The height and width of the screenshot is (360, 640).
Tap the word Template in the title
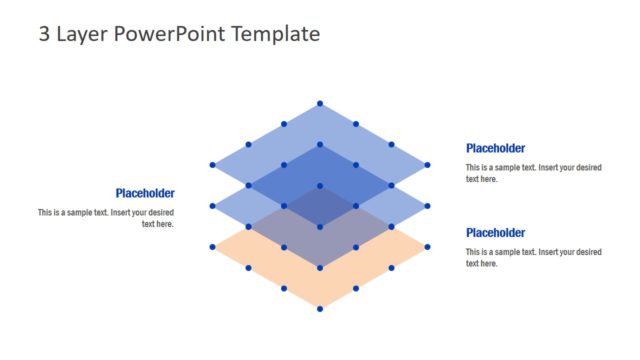click(275, 34)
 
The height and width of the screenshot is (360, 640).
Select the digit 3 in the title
click(44, 34)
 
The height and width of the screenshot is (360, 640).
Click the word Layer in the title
click(82, 34)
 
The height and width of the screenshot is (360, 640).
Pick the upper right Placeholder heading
click(495, 148)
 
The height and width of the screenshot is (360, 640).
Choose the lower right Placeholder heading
click(495, 233)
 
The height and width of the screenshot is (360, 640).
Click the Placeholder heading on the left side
click(145, 193)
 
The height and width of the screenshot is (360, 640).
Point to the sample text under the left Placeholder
click(107, 218)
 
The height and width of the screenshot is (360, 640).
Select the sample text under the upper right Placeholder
click(533, 173)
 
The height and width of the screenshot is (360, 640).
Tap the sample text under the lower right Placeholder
click(533, 257)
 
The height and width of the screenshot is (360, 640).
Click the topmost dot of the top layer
click(320, 103)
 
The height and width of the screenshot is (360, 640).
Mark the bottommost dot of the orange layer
click(320, 309)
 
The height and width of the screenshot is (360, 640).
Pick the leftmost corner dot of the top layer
click(212, 165)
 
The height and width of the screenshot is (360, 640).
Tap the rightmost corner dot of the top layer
click(427, 165)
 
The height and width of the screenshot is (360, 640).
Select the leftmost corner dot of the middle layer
click(212, 206)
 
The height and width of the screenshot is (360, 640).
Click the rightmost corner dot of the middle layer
click(427, 206)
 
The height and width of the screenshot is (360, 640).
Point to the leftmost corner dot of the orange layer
click(212, 247)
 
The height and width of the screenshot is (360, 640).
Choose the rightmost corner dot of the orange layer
click(427, 247)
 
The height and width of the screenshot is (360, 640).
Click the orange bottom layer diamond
click(320, 285)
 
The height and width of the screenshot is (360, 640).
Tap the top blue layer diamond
click(320, 125)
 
